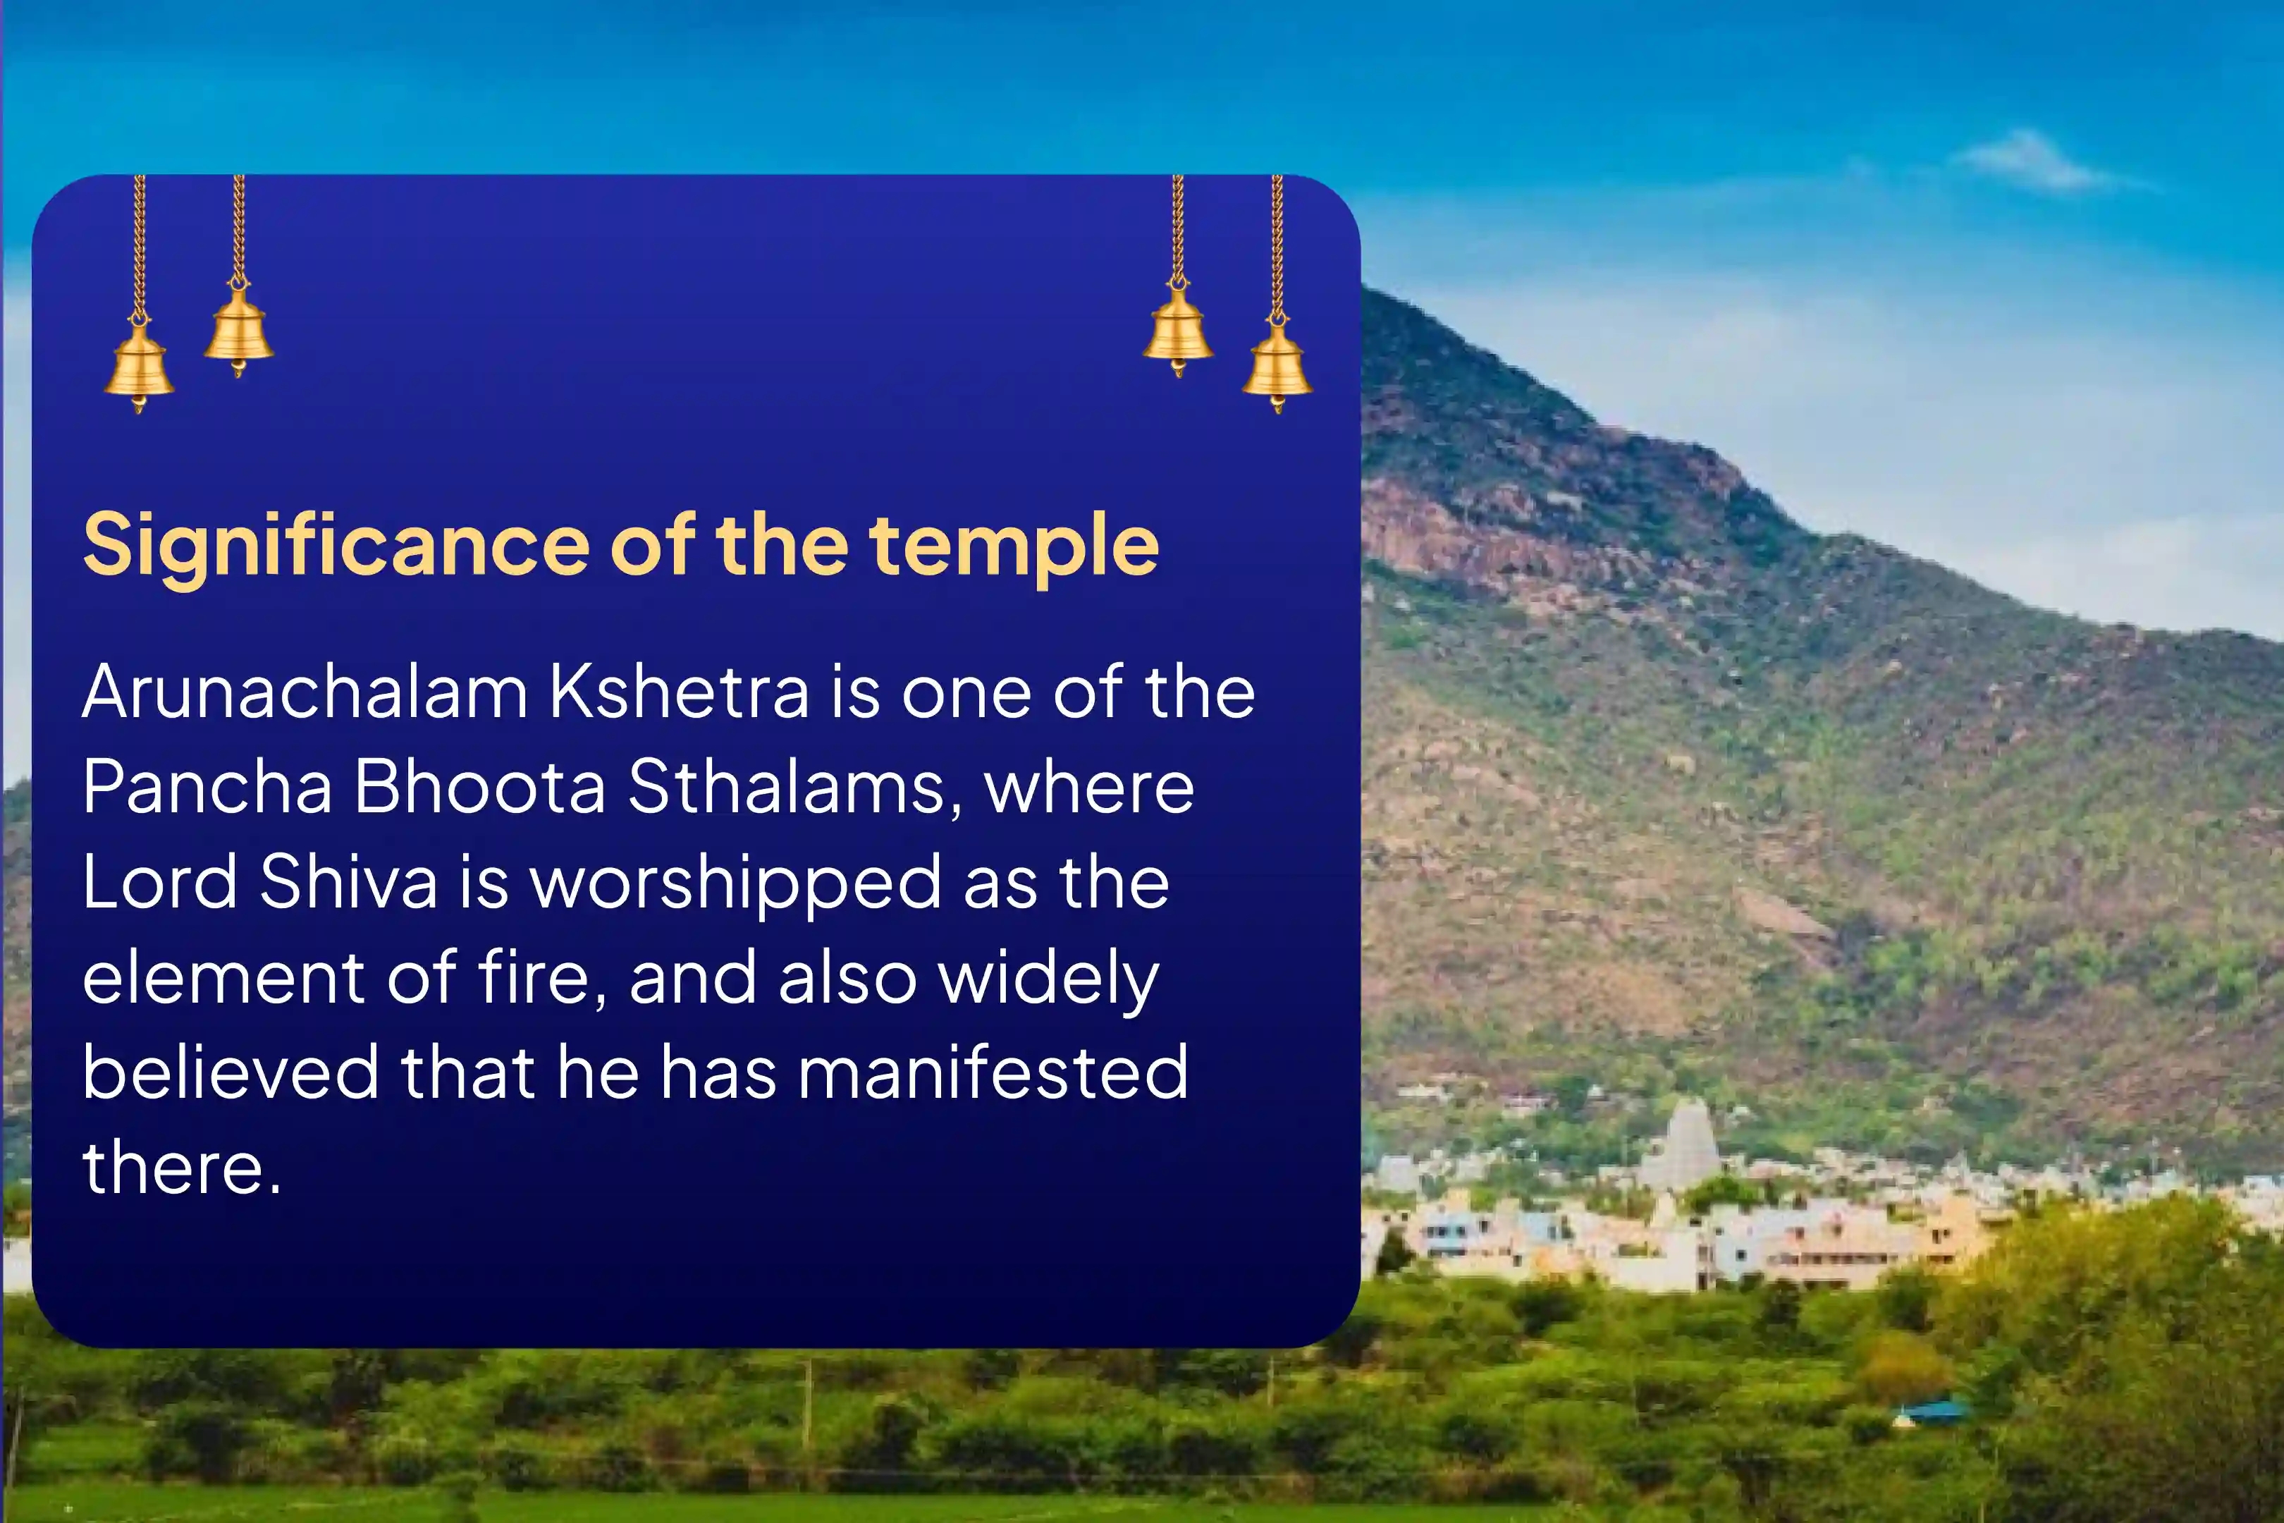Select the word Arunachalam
pos(305,692)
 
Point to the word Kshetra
pos(679,692)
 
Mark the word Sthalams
pos(795,788)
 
